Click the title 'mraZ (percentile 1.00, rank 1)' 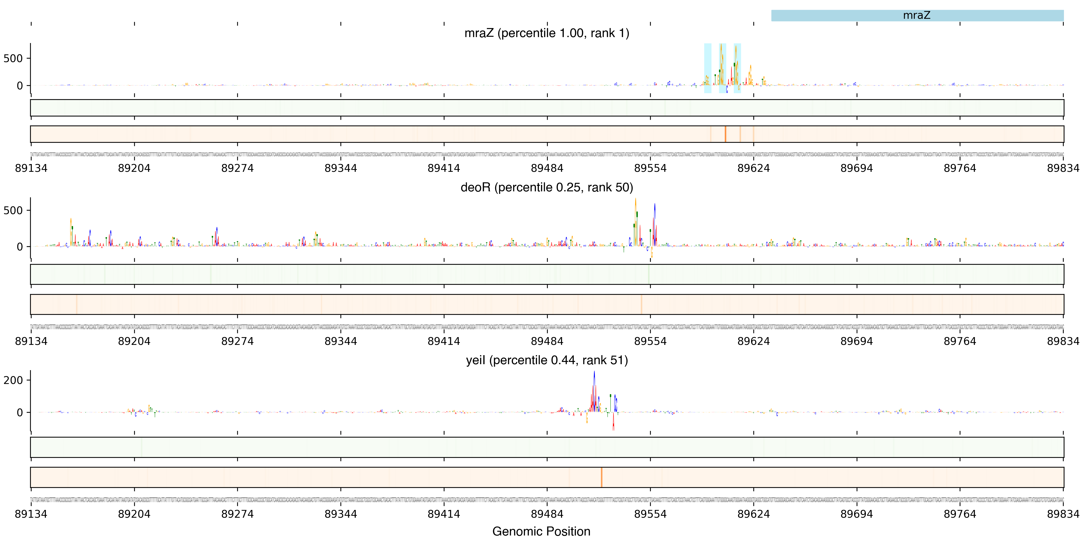coord(547,33)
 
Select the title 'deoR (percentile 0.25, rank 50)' coord(547,187)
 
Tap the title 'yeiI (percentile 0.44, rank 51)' coord(547,360)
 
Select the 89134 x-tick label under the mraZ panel coord(31,168)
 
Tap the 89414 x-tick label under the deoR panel coord(444,341)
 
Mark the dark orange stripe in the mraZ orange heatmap coord(725,134)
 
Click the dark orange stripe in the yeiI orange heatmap coord(602,477)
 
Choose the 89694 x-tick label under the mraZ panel coord(857,168)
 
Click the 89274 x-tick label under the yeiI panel coord(238,514)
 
